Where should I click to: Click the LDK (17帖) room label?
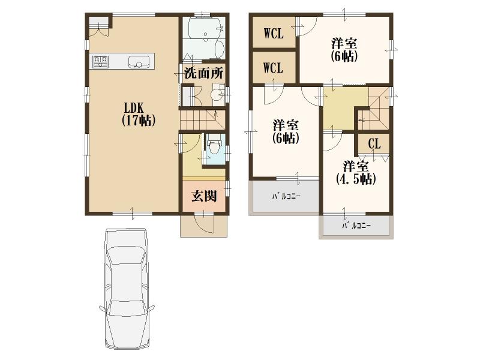139,114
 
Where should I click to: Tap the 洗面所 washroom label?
203,74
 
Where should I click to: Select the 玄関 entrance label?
203,196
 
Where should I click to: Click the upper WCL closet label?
273,34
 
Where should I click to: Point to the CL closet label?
374,144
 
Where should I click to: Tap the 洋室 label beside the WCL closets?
344,49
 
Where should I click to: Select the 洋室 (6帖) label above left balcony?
286,131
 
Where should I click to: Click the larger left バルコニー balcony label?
286,196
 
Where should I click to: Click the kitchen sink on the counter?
139,61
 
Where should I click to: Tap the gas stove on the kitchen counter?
100,61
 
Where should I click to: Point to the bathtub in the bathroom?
203,28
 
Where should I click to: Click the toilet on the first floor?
215,147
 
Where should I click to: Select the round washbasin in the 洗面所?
216,95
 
